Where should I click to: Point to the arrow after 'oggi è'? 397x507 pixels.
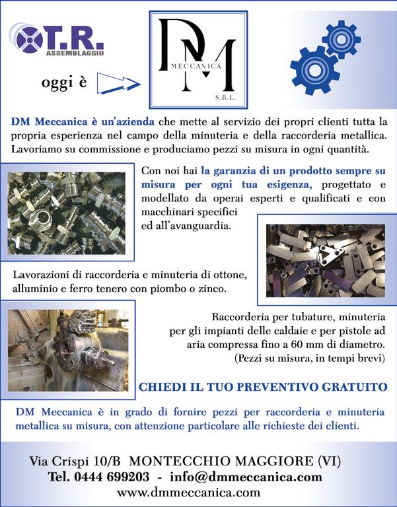click(x=118, y=83)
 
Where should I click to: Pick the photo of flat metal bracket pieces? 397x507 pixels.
click(x=325, y=259)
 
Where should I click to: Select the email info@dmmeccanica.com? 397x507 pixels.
click(x=246, y=477)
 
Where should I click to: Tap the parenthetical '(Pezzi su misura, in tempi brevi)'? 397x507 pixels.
click(x=310, y=359)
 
